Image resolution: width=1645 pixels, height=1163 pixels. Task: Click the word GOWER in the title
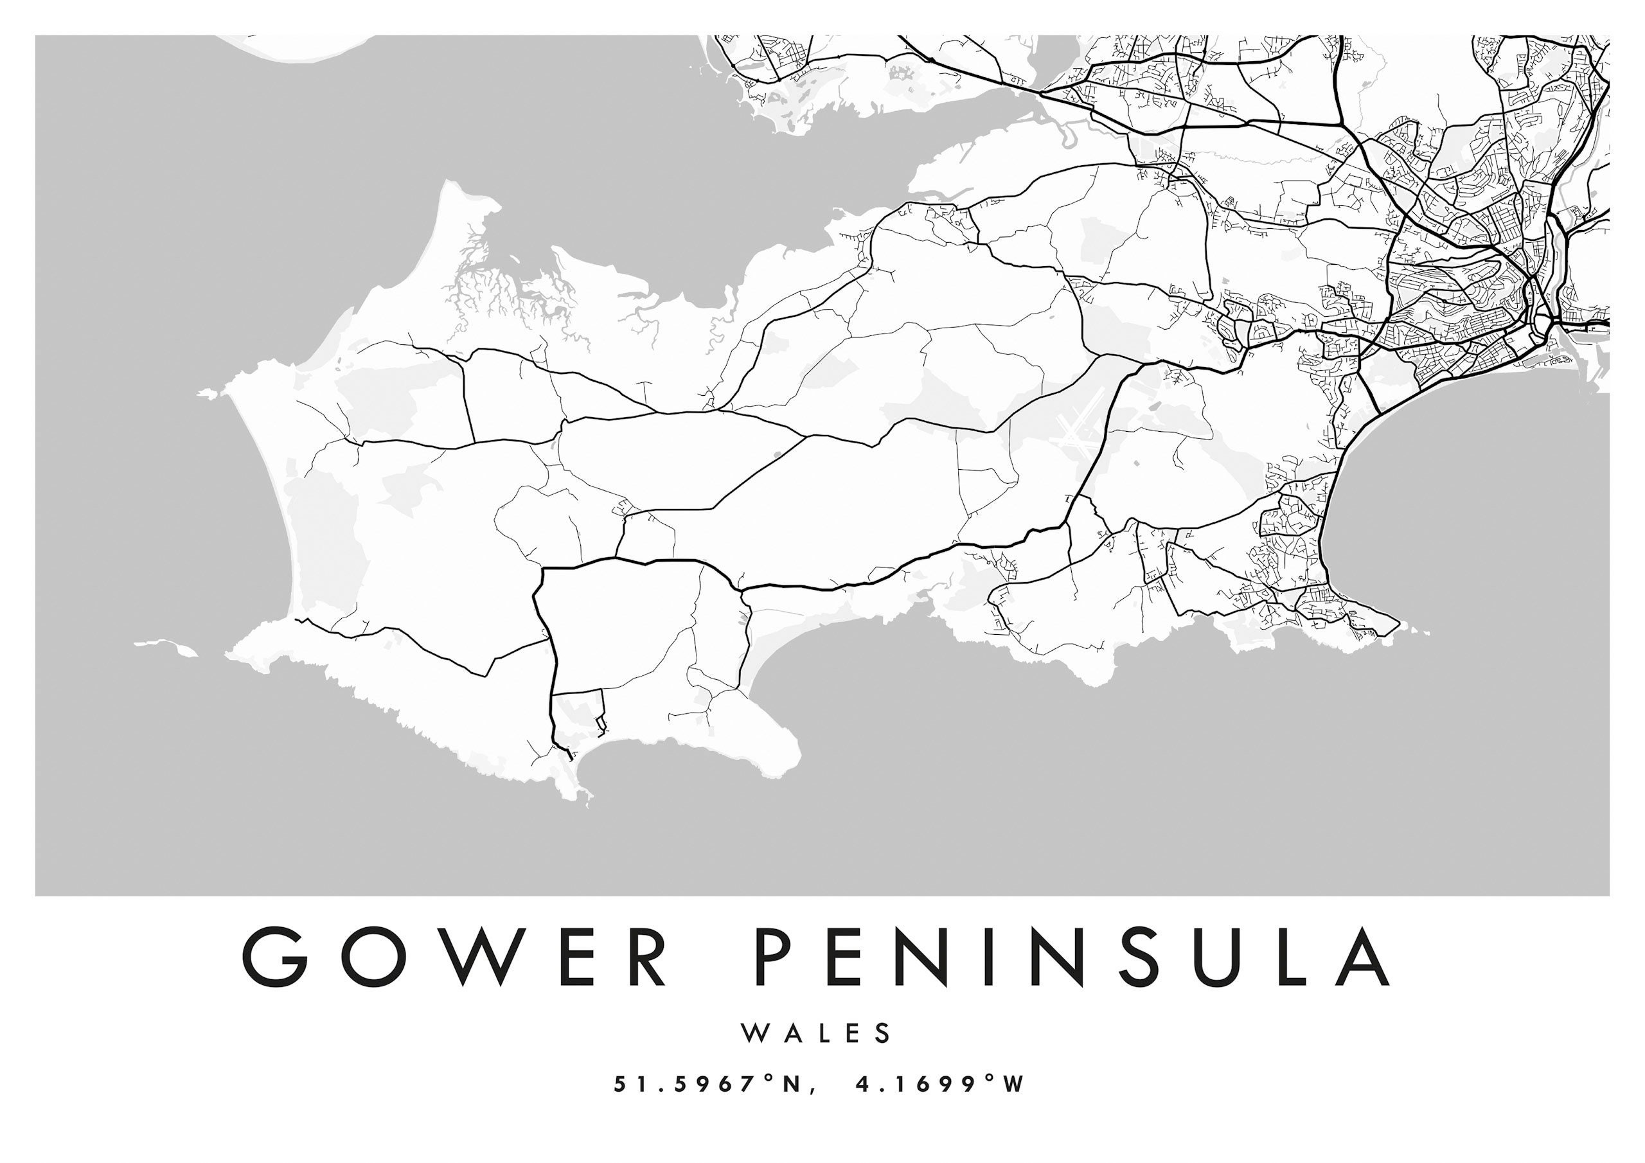[x=455, y=957]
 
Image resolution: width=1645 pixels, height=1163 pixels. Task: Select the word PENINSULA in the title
[x=1072, y=957]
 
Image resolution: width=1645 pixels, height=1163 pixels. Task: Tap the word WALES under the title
[x=817, y=1033]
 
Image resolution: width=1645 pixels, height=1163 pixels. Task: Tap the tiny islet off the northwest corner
[x=207, y=393]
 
